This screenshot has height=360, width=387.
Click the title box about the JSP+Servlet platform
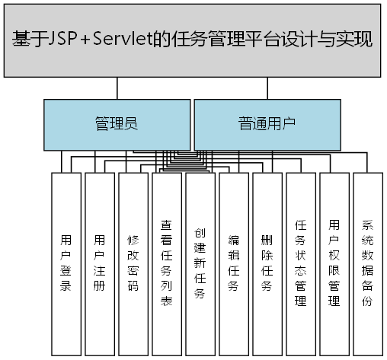coord(193,40)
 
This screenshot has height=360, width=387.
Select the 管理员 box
coord(116,124)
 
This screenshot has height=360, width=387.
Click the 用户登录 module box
coord(66,263)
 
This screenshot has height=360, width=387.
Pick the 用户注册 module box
coord(100,263)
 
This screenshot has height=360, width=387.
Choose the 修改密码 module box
coord(133,263)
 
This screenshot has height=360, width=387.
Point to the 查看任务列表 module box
coord(167,263)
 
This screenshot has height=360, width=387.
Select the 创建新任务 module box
coord(200,263)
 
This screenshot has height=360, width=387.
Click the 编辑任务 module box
coord(234,263)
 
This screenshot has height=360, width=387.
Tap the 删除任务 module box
coord(267,263)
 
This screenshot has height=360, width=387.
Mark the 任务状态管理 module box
coord(301,263)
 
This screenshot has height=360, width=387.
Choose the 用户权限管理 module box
coord(334,263)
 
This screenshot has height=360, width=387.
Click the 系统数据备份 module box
coord(368,263)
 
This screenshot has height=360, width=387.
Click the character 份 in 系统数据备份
coord(368,301)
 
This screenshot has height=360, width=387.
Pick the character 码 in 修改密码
coord(133,286)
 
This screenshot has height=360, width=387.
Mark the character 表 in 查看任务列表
coord(167,301)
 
